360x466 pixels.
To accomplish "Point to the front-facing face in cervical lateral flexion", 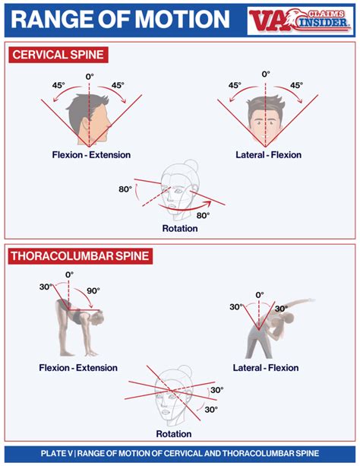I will [x=265, y=122].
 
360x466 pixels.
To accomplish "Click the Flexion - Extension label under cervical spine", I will [x=91, y=155].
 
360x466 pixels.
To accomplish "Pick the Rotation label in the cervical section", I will [x=180, y=228].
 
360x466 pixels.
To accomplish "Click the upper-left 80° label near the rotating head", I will [x=125, y=189].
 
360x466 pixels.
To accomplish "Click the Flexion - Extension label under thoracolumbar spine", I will [x=78, y=368].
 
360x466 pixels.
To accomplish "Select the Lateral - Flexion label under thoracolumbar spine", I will [x=265, y=368].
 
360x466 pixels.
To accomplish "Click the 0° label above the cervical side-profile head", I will [x=90, y=76].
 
